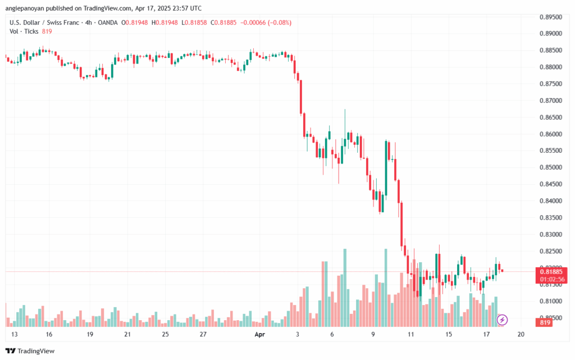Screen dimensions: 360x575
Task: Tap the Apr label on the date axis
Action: [x=259, y=334]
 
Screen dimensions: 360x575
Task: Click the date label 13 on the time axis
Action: [x=13, y=334]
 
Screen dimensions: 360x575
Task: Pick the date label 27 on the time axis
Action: [x=203, y=334]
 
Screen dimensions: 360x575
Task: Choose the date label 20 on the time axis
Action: [x=521, y=334]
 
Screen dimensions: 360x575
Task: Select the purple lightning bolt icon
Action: [x=503, y=320]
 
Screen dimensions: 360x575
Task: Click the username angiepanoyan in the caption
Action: [x=28, y=8]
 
